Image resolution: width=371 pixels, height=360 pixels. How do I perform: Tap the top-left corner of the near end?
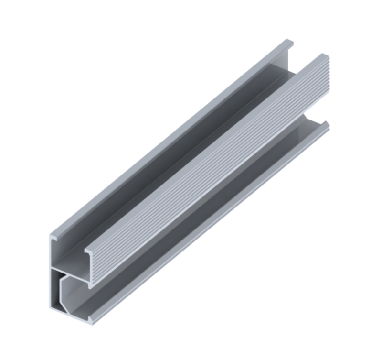point(51,235)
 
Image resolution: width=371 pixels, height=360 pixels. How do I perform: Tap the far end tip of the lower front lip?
point(327,125)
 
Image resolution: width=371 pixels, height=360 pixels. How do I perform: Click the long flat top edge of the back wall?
point(167,139)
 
